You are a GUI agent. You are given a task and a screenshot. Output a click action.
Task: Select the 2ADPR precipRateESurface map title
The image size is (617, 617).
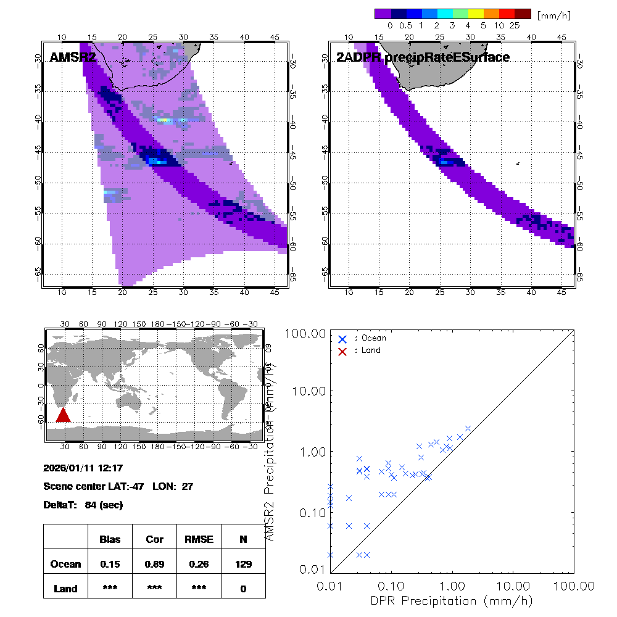coord(423,58)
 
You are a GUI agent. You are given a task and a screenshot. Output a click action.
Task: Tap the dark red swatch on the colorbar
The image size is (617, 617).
coord(523,14)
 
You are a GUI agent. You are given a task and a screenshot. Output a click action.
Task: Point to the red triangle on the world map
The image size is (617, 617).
coord(63,415)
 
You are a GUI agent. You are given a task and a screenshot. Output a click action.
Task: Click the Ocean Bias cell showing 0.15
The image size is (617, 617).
coord(110,564)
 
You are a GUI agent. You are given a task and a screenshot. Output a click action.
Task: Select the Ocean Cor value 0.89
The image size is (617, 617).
coord(154,564)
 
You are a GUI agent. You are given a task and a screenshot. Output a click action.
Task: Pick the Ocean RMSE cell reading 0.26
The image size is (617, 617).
coord(199,564)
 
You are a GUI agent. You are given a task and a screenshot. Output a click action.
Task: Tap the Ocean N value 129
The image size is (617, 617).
coord(243,564)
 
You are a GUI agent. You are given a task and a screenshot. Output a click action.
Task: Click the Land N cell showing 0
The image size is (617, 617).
coord(243,589)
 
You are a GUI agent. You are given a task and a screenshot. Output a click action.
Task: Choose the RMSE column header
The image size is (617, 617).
coord(199,539)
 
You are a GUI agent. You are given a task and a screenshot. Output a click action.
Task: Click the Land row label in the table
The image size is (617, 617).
coord(66,589)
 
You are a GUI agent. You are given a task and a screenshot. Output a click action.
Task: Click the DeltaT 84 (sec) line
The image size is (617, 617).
coord(83,505)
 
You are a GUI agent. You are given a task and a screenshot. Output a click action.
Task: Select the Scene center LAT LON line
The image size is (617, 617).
coord(118,486)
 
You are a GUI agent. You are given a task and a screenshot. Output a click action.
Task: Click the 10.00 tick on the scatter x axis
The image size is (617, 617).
coord(513,585)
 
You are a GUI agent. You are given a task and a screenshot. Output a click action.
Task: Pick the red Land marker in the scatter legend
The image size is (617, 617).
coord(342,350)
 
